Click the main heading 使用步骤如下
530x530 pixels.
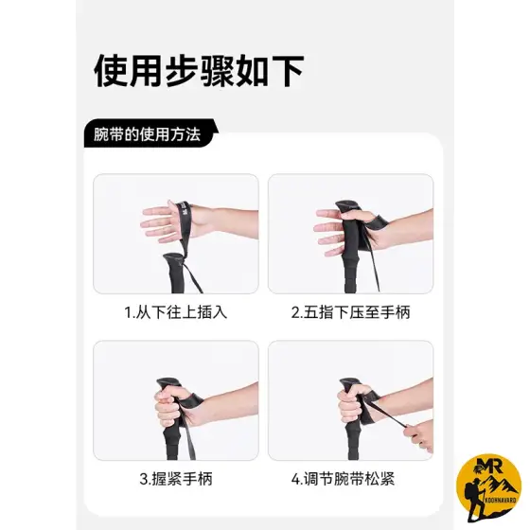199,72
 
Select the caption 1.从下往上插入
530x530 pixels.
176,312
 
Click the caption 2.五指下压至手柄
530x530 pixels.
350,312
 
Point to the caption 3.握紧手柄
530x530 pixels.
176,479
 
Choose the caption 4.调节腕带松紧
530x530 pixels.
343,479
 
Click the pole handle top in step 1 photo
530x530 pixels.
175,258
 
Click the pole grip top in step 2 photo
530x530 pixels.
347,207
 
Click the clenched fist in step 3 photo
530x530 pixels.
170,406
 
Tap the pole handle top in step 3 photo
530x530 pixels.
169,383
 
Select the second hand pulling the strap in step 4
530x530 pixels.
419,436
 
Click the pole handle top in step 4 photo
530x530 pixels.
351,383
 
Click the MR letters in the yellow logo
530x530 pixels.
488,466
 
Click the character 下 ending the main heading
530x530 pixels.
287,72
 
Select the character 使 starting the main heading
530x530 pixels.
111,72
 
